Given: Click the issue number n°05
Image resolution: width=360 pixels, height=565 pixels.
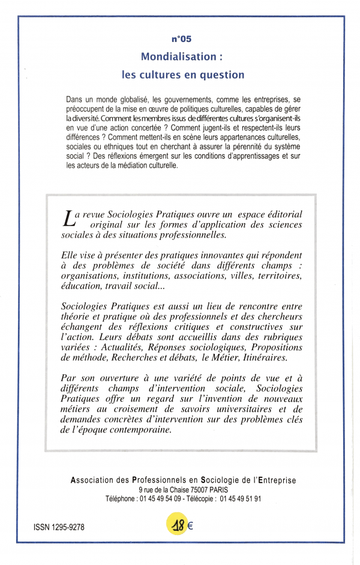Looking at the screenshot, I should tap(181, 39).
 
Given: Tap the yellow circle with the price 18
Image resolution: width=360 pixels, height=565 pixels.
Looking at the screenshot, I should tap(178, 525).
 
